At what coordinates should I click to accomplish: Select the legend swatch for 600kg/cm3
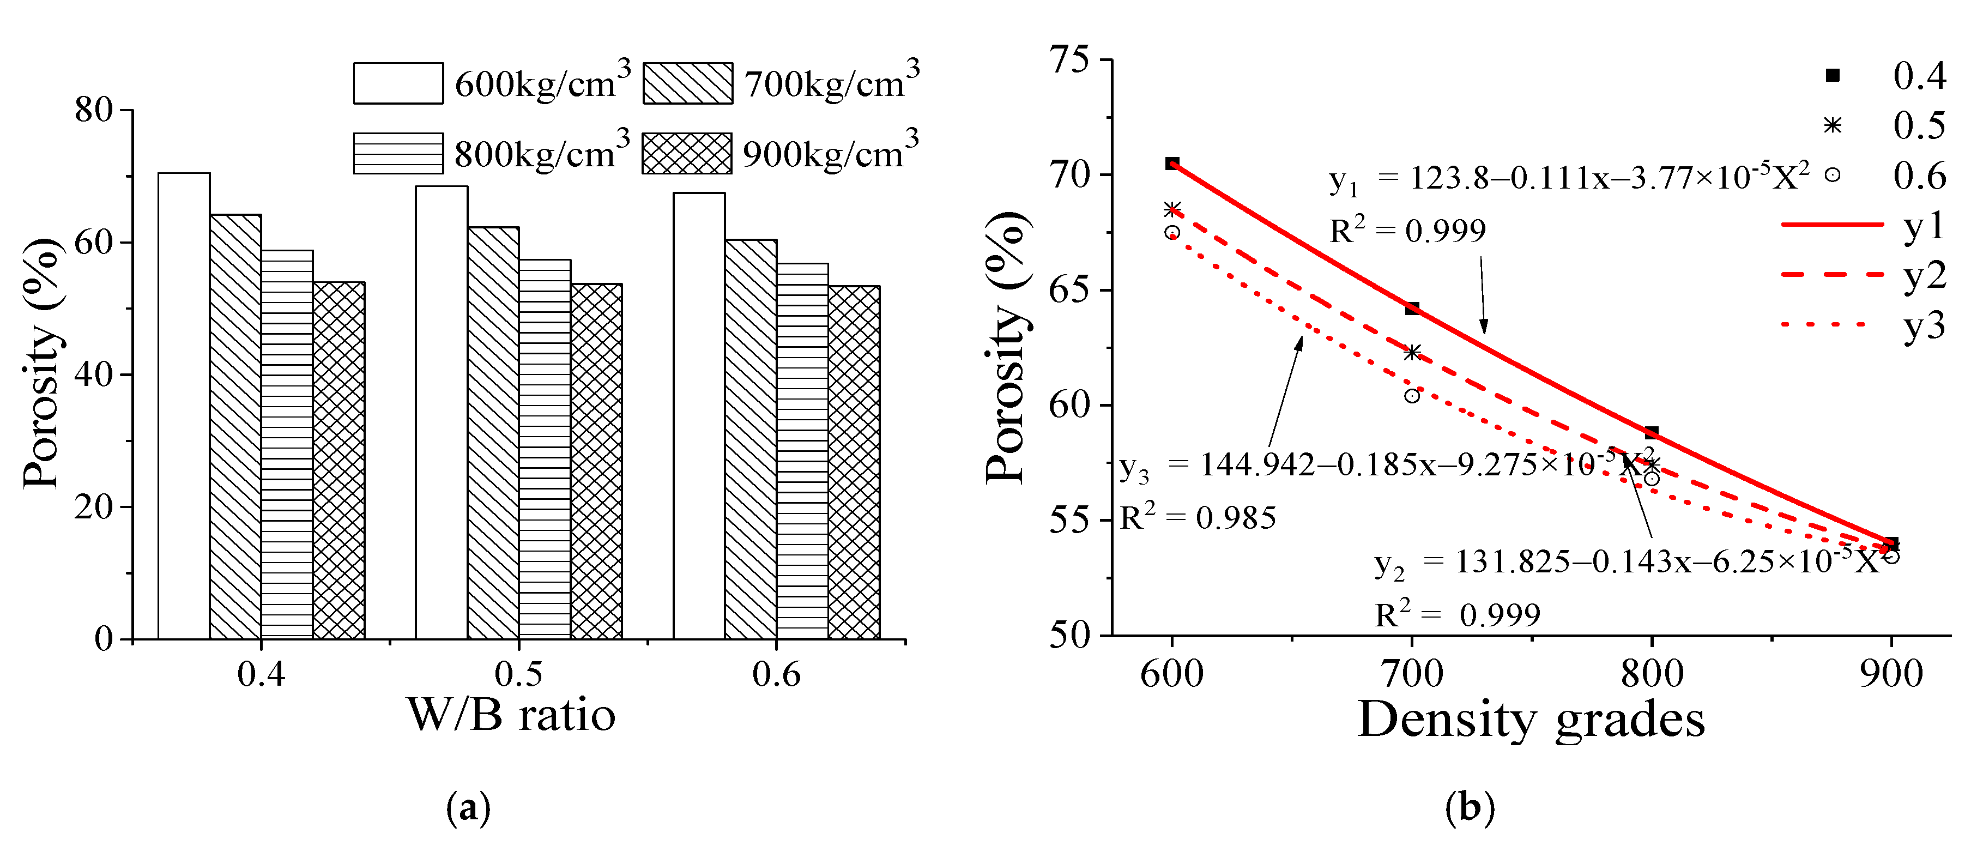pos(397,83)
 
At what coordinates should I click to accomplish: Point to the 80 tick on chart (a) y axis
pos(94,110)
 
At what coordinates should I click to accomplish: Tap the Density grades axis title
pos(1531,720)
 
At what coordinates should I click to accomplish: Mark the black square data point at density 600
pos(1172,164)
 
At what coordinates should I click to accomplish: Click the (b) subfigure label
pos(1469,808)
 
